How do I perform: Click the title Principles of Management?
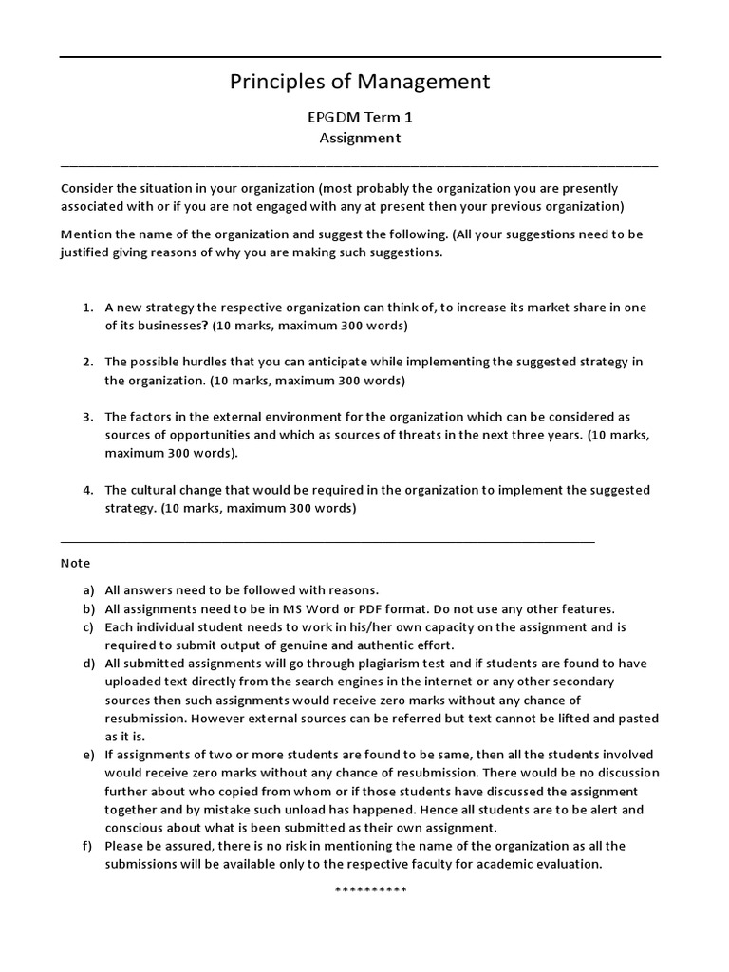click(360, 83)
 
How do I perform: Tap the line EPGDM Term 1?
click(360, 118)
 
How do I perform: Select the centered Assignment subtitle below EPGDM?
click(360, 139)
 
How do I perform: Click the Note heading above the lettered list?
click(75, 563)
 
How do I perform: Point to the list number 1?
click(86, 308)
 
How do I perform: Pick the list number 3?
click(86, 417)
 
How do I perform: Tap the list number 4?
click(86, 490)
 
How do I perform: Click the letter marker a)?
click(88, 590)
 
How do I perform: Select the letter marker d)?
click(88, 664)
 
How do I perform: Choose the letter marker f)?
click(88, 846)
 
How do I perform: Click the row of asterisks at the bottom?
click(370, 890)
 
